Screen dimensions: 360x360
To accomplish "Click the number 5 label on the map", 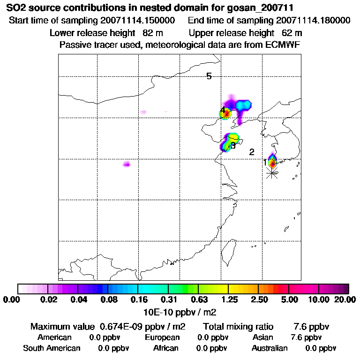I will [209, 76].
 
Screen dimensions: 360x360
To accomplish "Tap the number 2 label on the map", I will [252, 152].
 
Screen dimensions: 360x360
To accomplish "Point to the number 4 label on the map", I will [223, 110].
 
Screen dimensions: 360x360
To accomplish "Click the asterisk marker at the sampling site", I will [271, 172].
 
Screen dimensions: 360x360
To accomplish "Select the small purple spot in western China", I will [126, 164].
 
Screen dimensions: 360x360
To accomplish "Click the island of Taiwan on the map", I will [229, 249].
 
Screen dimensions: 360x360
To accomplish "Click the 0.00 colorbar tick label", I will [13, 300].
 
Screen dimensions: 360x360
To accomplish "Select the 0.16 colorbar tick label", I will [138, 300].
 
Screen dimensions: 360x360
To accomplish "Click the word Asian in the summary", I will [262, 337].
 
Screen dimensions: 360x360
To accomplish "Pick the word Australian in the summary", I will [270, 348].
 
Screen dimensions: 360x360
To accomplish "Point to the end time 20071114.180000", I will [313, 21].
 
